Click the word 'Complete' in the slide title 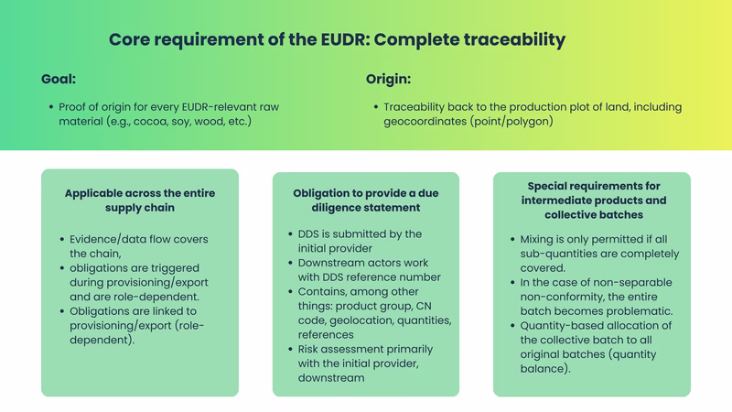coord(417,40)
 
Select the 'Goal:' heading coord(59,79)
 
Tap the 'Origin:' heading coord(388,79)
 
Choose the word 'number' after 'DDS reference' coord(419,277)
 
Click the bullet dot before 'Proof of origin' coord(49,108)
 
